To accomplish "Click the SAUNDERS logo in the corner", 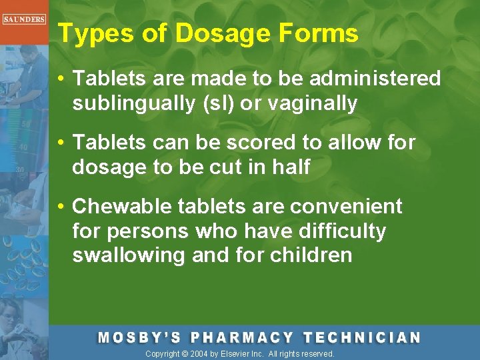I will click(23, 19).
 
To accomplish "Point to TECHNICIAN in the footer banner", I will click(362, 337).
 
